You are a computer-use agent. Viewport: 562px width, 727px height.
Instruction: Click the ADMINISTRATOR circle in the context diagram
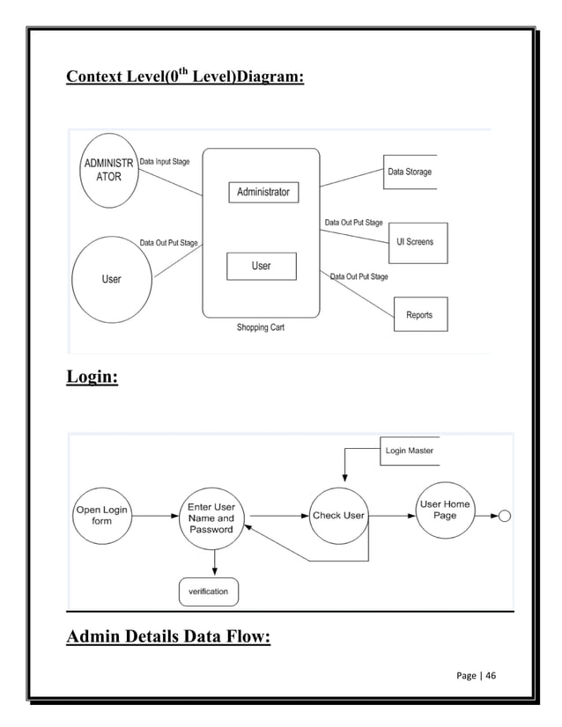tap(108, 170)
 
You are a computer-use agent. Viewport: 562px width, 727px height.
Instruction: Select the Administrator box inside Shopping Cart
tap(263, 192)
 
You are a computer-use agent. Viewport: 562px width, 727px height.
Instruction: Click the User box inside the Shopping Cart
tap(262, 266)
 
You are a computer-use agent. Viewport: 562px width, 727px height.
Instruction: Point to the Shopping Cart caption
tap(261, 327)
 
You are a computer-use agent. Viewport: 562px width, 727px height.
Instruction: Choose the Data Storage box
tap(410, 172)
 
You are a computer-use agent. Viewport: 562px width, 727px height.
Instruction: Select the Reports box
tap(419, 314)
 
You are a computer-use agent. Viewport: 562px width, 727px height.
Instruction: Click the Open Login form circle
tap(102, 515)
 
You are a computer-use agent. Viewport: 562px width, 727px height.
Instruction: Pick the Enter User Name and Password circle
tap(211, 518)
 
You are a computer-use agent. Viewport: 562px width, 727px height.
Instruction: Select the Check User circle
tap(339, 516)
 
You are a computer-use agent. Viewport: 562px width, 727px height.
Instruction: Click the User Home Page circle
tap(445, 510)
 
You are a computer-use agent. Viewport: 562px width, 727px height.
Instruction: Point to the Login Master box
tap(408, 451)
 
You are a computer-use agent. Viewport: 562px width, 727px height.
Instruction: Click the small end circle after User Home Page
tap(505, 516)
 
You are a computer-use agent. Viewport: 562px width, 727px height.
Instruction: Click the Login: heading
tap(92, 378)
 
